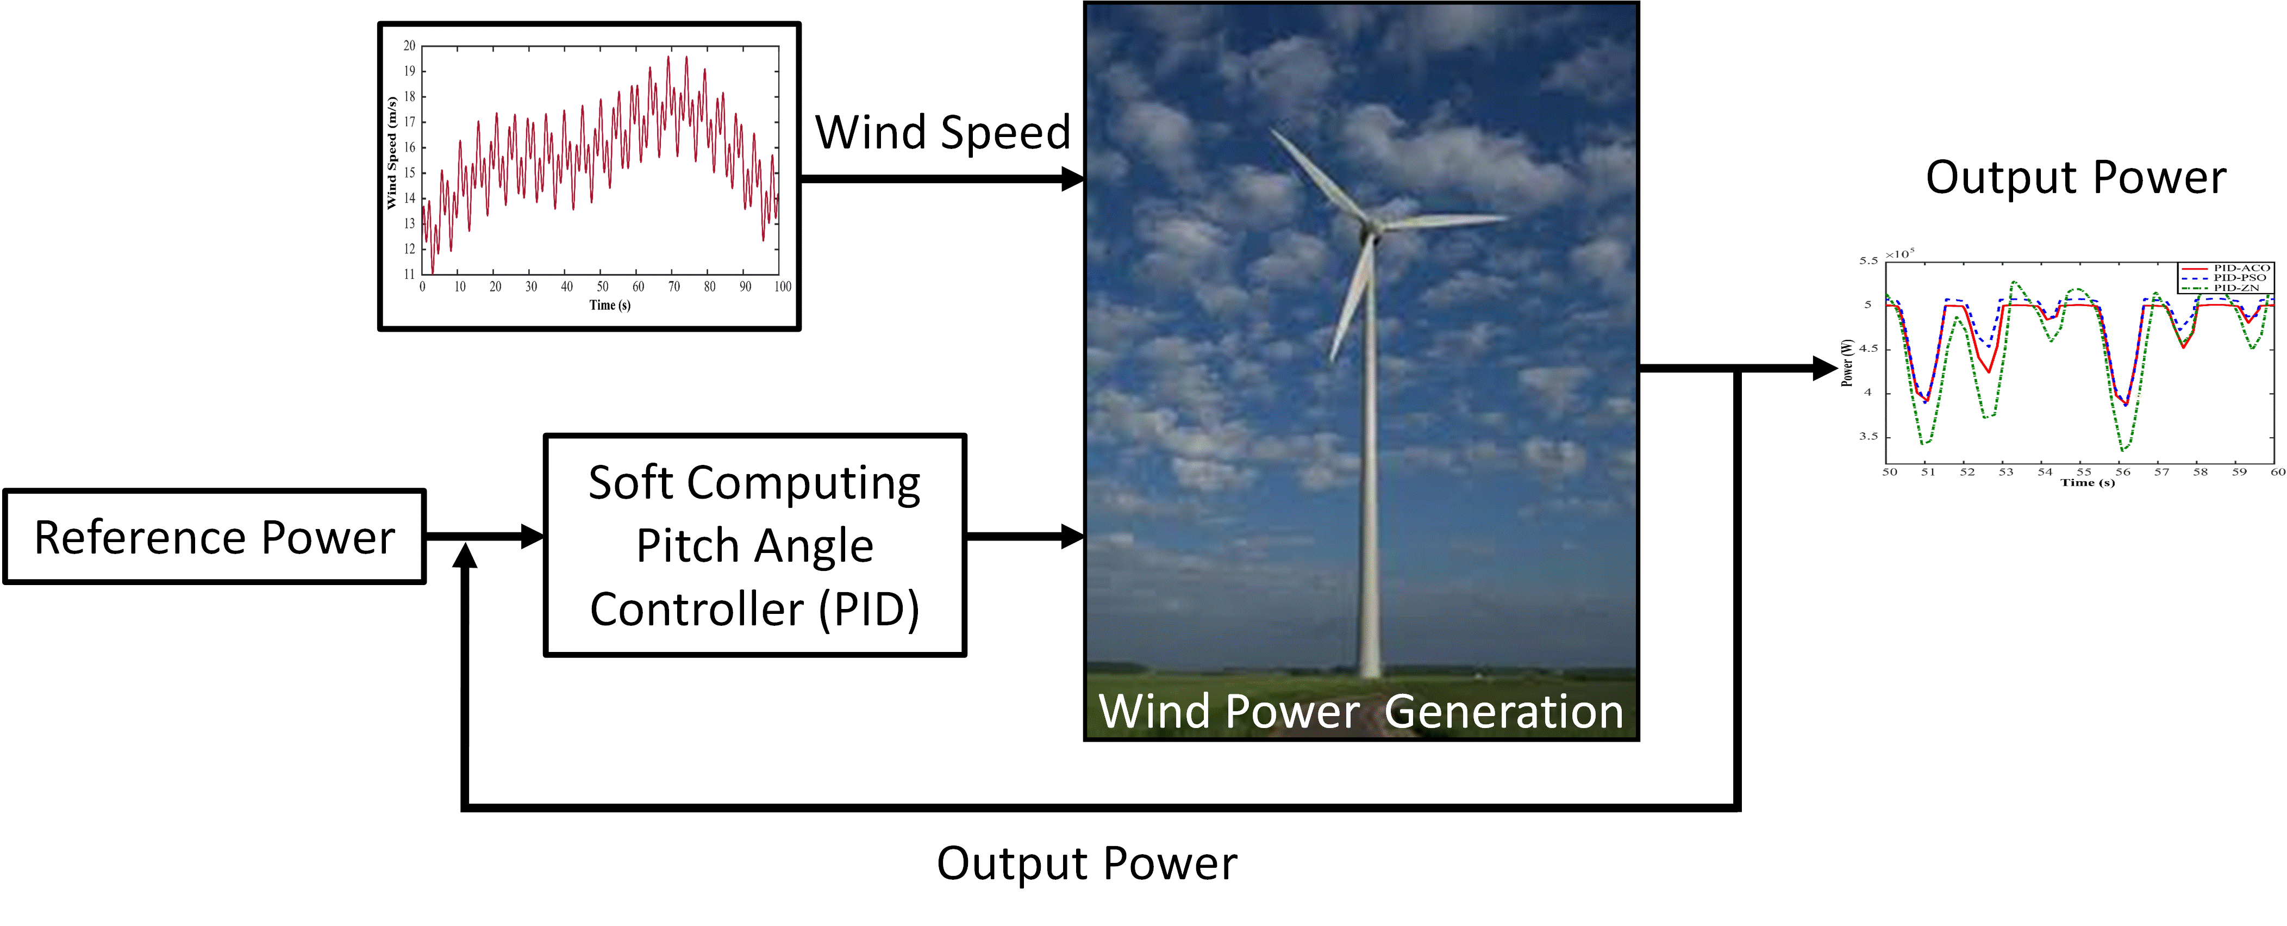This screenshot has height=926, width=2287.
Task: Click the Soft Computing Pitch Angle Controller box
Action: (x=755, y=545)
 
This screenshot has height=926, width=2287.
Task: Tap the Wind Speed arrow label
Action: (x=943, y=133)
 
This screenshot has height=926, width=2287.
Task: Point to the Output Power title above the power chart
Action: (x=2076, y=178)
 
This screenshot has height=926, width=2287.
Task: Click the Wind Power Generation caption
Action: (x=1361, y=711)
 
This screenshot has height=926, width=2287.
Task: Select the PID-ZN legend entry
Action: (x=2224, y=288)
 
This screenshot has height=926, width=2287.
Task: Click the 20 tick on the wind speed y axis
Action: (x=409, y=45)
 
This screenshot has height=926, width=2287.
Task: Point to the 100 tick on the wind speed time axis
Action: (x=782, y=286)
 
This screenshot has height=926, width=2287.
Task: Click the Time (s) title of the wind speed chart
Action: (x=610, y=306)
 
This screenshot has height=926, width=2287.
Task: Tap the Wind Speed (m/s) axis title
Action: (x=391, y=153)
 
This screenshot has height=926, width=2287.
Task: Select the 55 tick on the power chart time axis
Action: (x=2084, y=471)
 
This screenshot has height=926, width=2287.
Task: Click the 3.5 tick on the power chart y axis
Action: (x=1869, y=436)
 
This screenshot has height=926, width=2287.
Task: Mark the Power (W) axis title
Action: (x=1847, y=362)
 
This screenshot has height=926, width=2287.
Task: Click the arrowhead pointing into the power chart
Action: (x=1826, y=368)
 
